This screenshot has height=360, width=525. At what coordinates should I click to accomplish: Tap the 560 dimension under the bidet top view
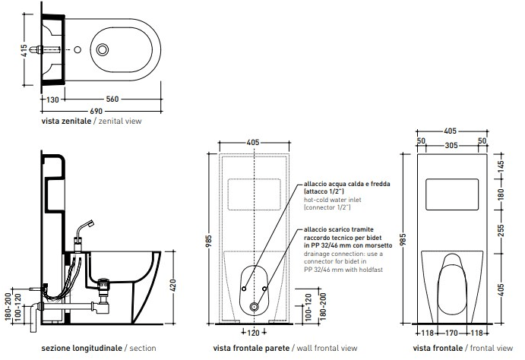pyautogui.click(x=112, y=99)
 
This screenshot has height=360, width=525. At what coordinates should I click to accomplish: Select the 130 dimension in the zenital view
pyautogui.click(x=52, y=99)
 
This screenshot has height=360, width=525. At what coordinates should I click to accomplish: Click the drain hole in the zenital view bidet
pyautogui.click(x=103, y=50)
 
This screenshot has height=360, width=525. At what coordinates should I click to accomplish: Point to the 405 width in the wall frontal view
pyautogui.click(x=253, y=143)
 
